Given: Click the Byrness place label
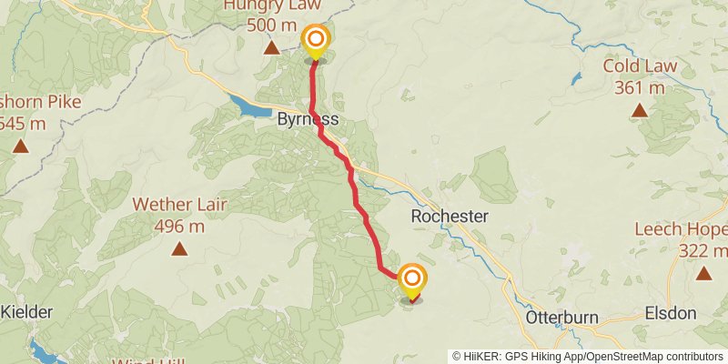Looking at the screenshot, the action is coord(308,120).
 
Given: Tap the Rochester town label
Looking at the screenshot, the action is coord(450,217).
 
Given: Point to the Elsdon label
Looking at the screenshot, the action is coord(670,313).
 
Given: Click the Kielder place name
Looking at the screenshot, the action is coord(25,312).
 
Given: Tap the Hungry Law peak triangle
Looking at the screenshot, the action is coord(270,46).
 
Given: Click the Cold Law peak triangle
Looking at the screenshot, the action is coord(640,110).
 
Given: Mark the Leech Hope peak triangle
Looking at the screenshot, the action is coord(703,272).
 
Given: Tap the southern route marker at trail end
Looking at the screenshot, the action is coord(412,279).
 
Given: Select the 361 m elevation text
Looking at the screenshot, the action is coord(640,88).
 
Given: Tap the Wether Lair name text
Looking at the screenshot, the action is coord(179,205).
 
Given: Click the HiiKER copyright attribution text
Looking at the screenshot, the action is coord(588,356).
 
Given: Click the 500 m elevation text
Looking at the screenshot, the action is coord(270,25).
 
